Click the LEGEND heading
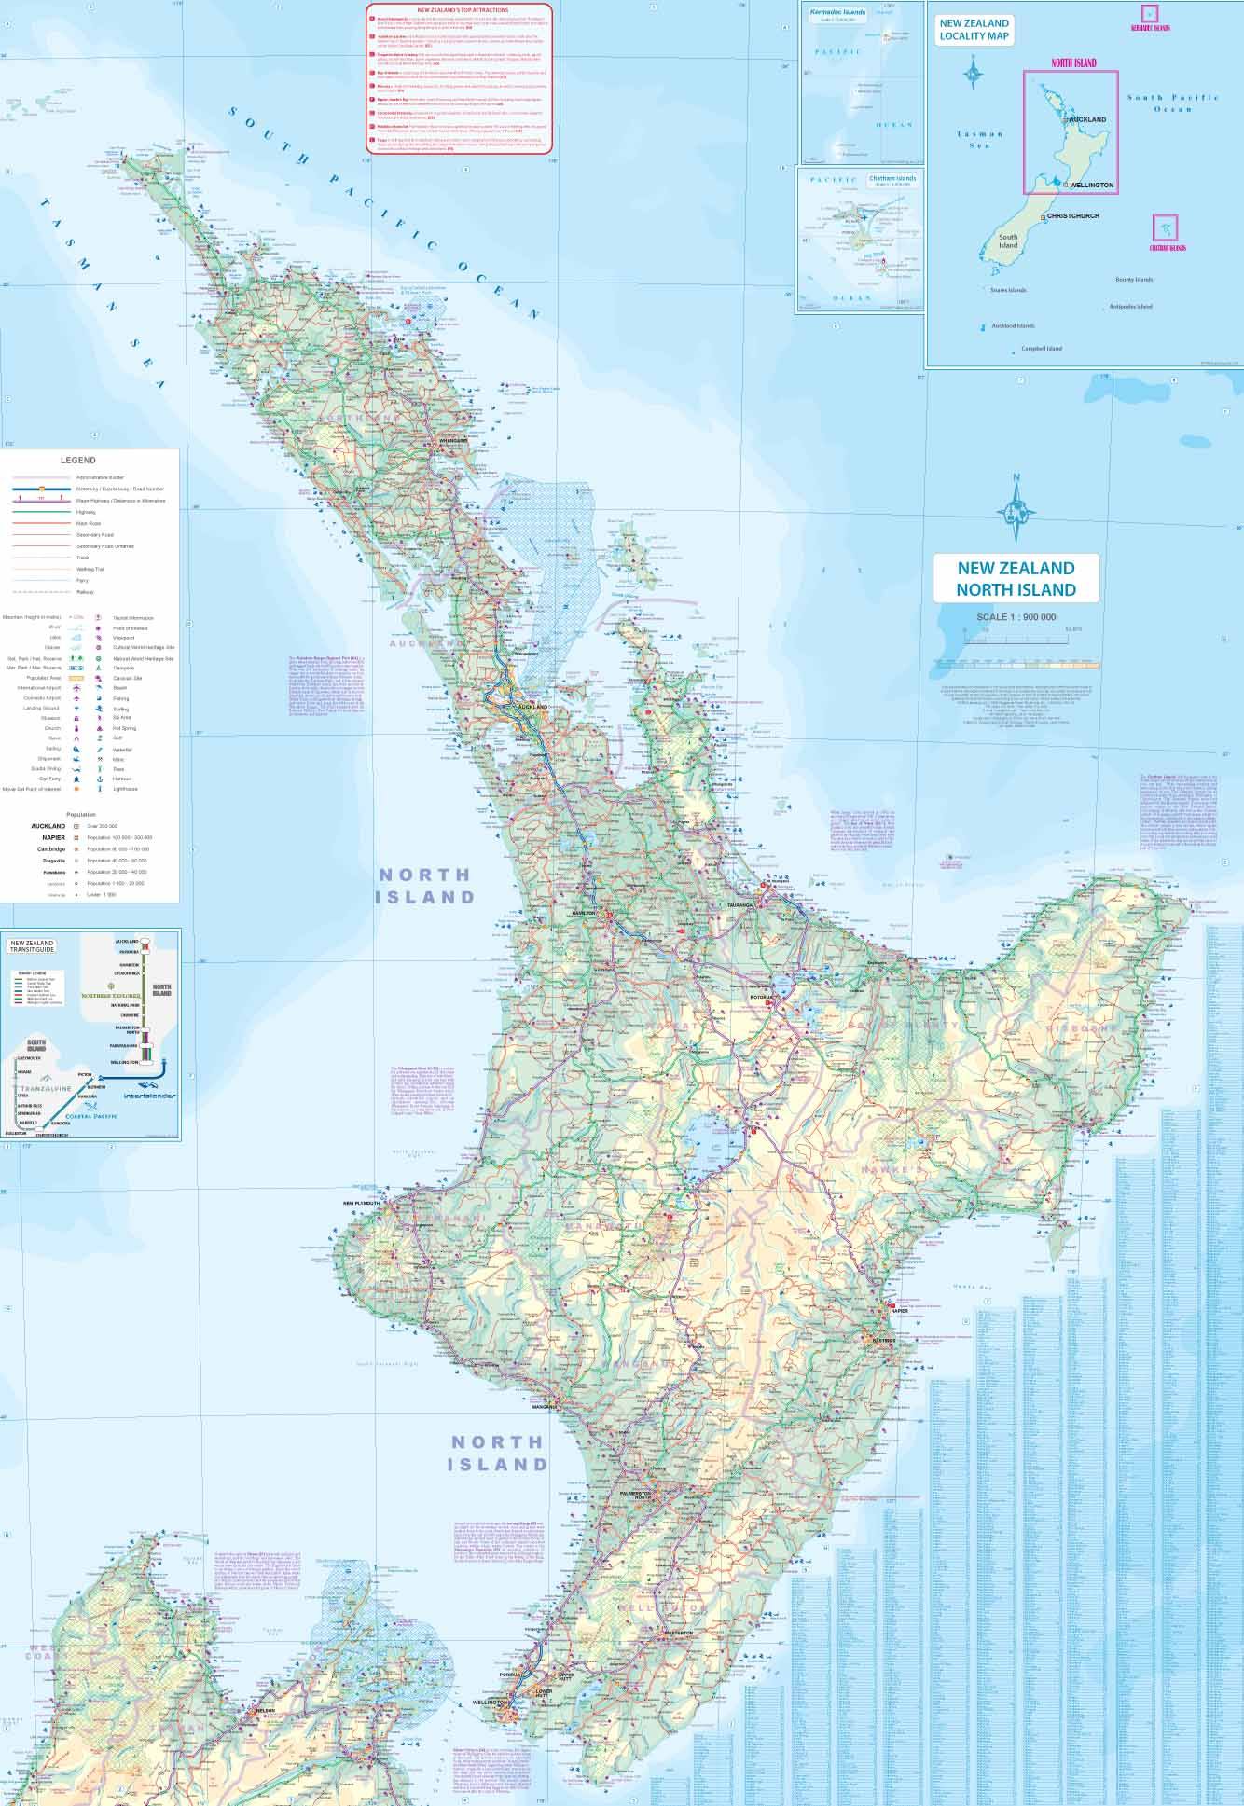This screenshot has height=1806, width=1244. click(77, 460)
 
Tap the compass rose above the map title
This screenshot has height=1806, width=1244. click(1016, 510)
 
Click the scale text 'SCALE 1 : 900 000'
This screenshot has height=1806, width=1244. click(1016, 617)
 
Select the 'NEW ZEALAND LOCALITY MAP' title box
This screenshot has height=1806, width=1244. click(974, 30)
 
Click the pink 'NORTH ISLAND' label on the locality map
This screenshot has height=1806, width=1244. click(1072, 63)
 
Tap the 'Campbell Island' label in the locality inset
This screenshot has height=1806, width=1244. click(1042, 349)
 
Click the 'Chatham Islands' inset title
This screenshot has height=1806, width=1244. click(892, 178)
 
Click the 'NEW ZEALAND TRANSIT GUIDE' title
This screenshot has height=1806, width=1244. click(32, 946)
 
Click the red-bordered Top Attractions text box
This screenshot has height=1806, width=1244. click(459, 77)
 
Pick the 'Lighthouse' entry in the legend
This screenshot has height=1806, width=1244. click(125, 789)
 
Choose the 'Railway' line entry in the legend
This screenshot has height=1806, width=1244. click(85, 592)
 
